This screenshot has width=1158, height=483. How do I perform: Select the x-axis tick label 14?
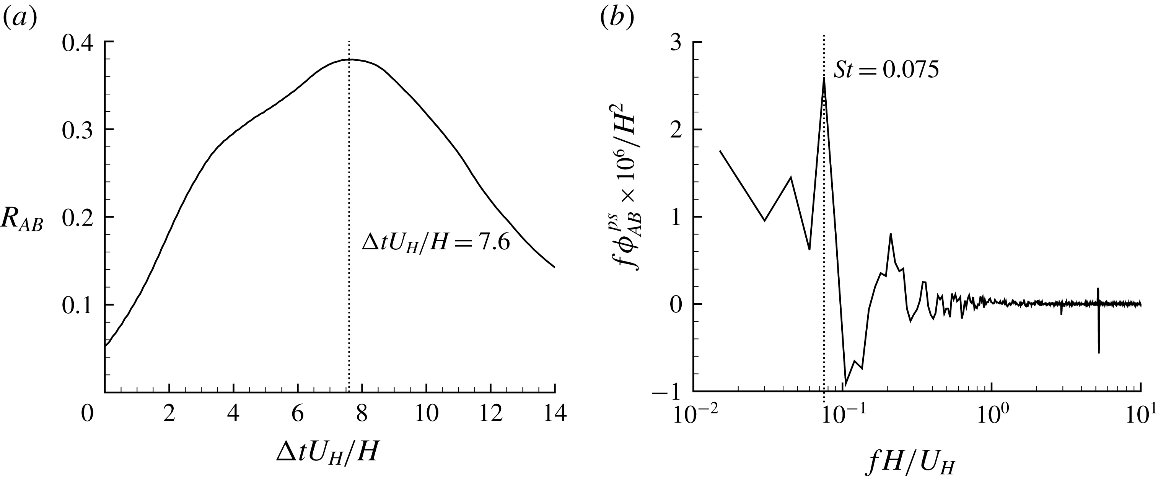pos(554,414)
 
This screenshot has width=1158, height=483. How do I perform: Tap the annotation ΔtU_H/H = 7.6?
pos(436,243)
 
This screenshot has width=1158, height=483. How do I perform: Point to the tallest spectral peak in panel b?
pos(824,79)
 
